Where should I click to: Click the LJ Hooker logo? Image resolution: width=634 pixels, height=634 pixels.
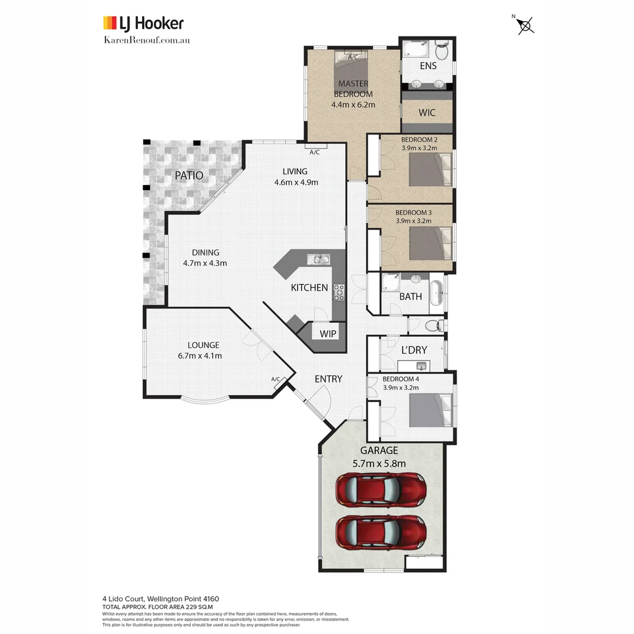tap(143, 23)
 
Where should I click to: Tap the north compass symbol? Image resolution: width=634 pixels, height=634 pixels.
tap(526, 25)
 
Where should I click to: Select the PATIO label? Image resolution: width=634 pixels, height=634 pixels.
tap(189, 175)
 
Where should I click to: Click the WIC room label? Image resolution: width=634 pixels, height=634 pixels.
tap(427, 112)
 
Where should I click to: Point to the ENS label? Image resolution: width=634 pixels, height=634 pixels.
tap(428, 66)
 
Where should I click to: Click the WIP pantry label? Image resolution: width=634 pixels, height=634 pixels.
tap(328, 333)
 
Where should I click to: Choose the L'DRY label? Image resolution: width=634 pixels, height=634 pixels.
tap(414, 350)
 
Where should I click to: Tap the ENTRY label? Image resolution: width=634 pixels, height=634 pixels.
tap(328, 379)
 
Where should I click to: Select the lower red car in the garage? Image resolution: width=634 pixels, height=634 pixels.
tap(380, 532)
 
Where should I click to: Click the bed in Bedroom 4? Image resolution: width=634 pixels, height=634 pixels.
tap(430, 410)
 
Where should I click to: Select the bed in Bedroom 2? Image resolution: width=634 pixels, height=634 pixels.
tap(431, 170)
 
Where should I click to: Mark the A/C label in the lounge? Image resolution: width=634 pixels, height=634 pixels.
tap(276, 379)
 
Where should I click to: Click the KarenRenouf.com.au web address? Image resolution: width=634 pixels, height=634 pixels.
tap(146, 40)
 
